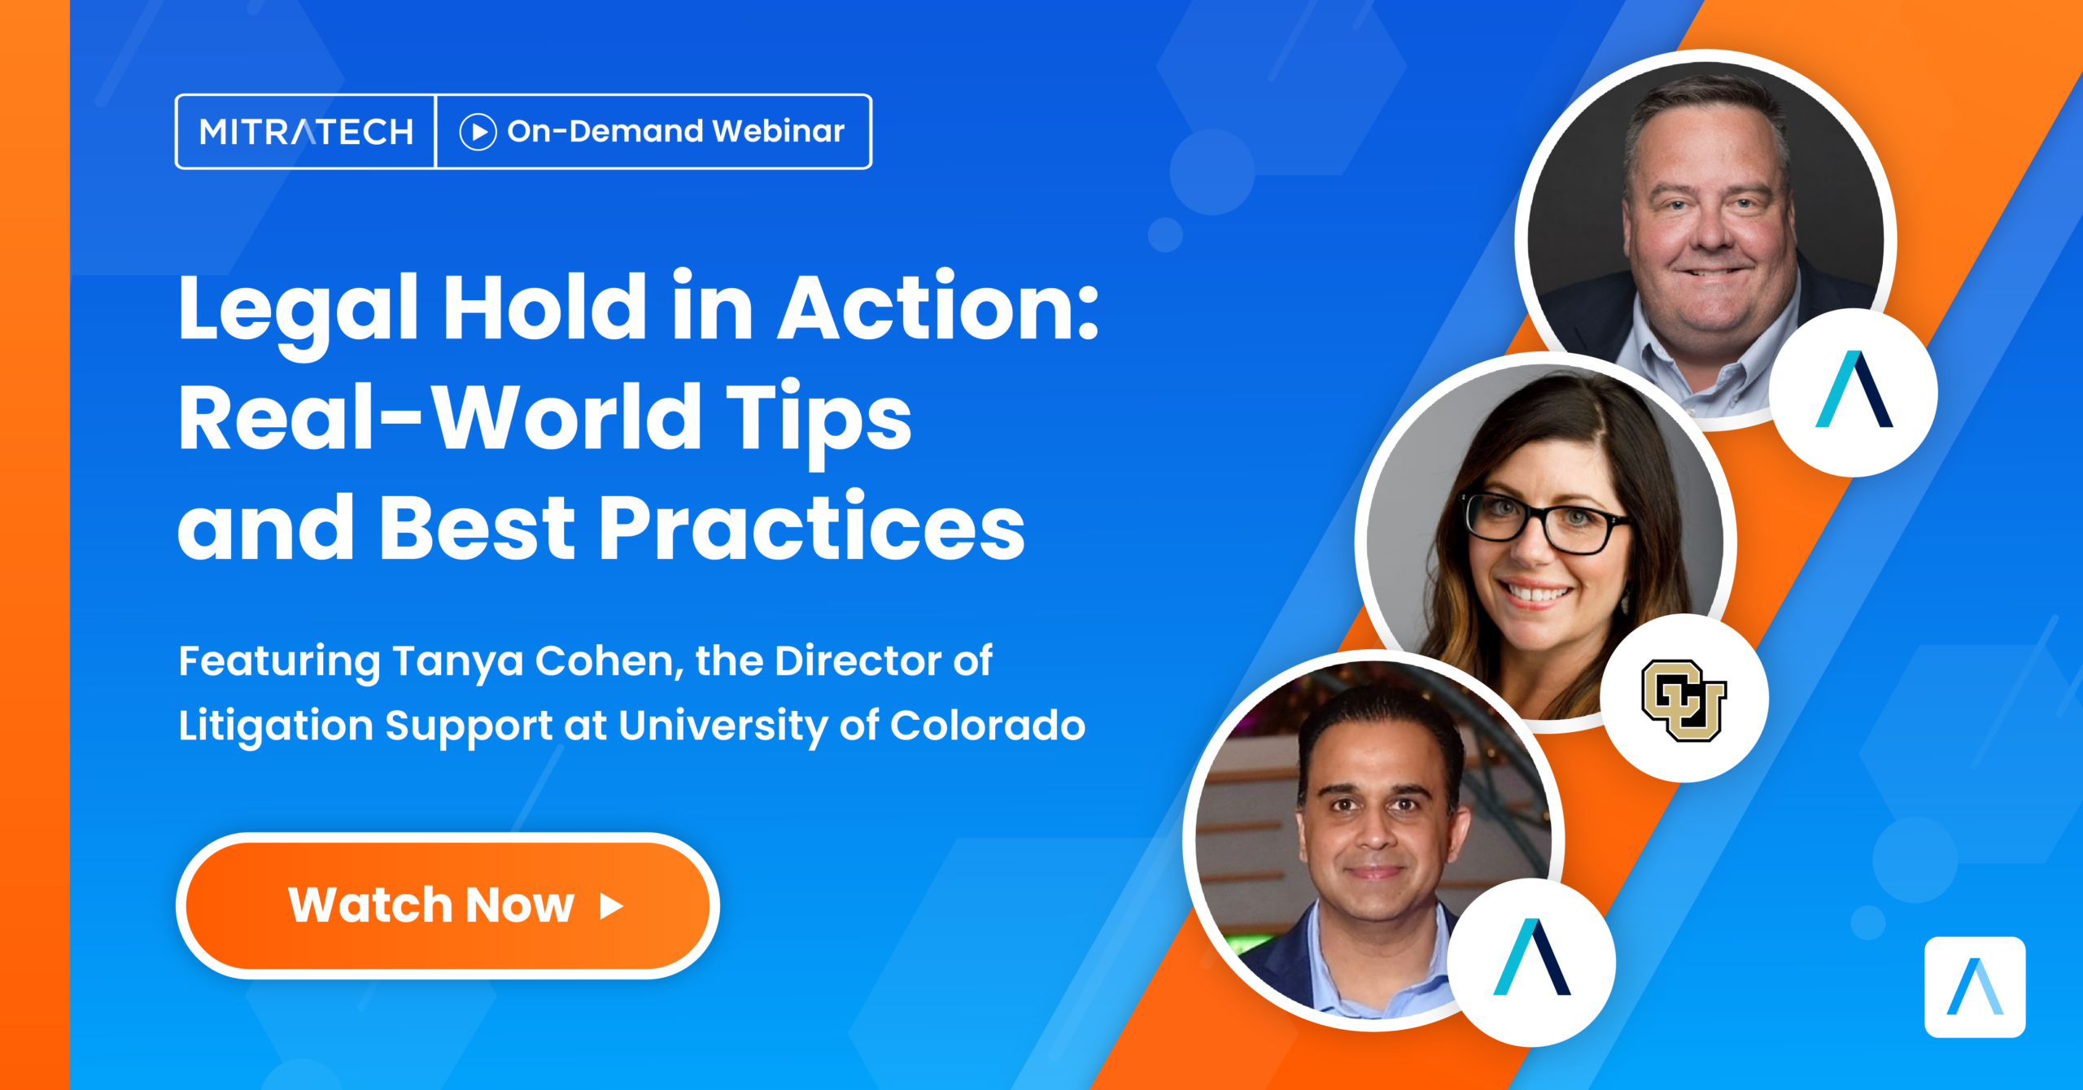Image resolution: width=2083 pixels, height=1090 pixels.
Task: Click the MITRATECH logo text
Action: pyautogui.click(x=306, y=132)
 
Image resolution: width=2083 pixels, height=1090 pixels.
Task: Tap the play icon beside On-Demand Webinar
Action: pyautogui.click(x=478, y=132)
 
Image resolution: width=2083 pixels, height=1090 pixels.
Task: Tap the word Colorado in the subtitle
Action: pyautogui.click(x=987, y=725)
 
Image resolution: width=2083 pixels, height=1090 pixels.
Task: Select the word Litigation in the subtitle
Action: pyautogui.click(x=275, y=725)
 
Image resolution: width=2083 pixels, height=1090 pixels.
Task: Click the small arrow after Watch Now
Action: pyautogui.click(x=612, y=905)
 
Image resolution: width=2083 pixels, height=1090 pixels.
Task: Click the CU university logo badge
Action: pyautogui.click(x=1683, y=699)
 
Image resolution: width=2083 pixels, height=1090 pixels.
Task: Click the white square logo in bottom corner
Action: pyautogui.click(x=1975, y=987)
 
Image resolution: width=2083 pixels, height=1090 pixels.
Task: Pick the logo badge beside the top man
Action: pyautogui.click(x=1854, y=391)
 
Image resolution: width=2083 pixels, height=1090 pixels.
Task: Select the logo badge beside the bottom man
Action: pyautogui.click(x=1531, y=961)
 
